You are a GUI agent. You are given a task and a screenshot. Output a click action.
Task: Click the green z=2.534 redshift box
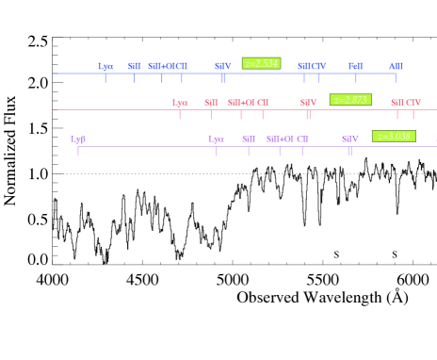261,63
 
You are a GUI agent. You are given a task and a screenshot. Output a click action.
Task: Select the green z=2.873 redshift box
350,99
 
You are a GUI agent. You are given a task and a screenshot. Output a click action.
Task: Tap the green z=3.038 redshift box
394,136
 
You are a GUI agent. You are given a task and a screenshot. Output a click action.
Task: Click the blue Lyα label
105,66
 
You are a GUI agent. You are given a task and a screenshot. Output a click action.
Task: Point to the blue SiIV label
222,66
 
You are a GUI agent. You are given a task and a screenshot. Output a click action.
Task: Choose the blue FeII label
355,66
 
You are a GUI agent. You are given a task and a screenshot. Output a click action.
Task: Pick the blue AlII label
396,66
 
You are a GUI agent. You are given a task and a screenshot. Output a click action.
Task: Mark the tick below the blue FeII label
356,77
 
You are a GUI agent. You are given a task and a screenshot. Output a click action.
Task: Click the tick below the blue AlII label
396,77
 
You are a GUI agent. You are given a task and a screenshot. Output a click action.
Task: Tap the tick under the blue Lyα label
105,77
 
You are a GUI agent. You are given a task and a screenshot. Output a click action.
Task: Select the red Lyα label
179,102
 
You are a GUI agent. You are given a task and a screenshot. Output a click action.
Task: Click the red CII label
263,102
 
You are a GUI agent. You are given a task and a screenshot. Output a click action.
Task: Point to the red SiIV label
308,102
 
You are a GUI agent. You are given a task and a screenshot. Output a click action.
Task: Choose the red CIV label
413,102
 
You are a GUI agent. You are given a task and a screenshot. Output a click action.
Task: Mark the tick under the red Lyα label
179,114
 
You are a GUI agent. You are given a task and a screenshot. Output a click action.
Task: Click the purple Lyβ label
78,139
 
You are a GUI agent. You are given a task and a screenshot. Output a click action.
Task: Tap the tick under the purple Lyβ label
78,150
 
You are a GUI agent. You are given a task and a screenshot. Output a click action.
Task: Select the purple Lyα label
216,139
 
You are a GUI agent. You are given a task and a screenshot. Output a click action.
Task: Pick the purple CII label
302,139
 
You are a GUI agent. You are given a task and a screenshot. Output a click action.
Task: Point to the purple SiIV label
349,139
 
